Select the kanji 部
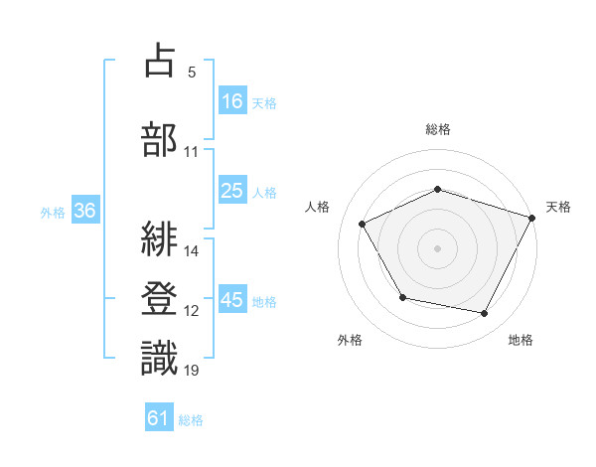pos(159,139)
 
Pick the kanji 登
pos(159,297)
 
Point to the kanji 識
pos(159,358)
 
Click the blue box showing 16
pos(232,100)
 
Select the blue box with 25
pos(232,191)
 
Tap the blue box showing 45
pos(232,300)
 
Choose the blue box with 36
pos(84,211)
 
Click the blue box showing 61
pos(159,418)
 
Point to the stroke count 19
pos(192,371)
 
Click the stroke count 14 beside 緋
pos(193,251)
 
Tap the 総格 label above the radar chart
pos(438,129)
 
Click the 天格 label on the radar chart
pos(558,207)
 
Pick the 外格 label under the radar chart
pos(350,340)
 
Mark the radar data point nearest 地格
pos(485,314)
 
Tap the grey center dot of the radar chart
pos(437,248)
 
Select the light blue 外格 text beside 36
pos(53,212)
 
